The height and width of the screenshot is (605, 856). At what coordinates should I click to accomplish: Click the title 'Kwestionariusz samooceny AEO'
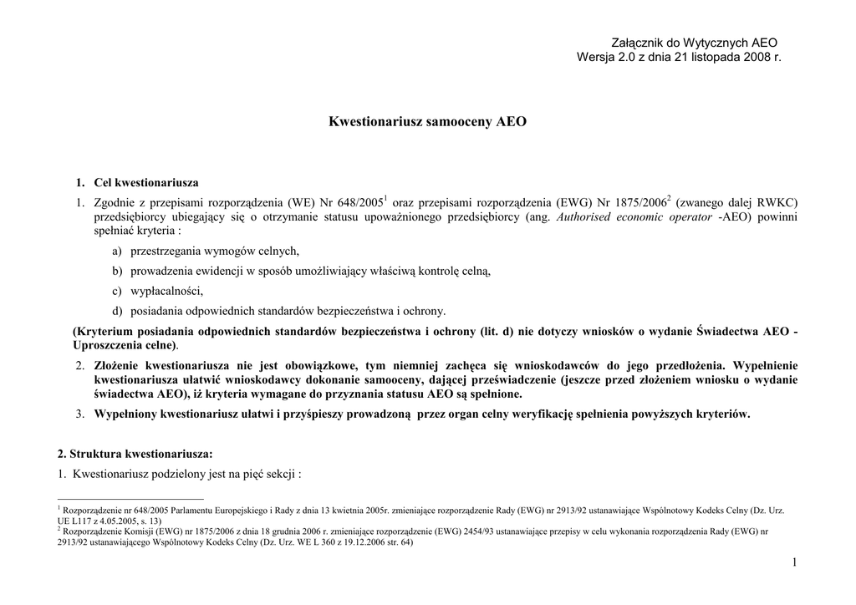427,122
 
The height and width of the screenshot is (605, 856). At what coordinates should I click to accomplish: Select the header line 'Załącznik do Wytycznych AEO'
694,42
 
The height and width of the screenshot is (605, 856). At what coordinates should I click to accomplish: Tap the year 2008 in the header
755,57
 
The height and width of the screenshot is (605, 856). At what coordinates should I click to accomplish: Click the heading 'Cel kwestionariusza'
146,182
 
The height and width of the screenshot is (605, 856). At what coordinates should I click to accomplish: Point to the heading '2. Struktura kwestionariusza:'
135,454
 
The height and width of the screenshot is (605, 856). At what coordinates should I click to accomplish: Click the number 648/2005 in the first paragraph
357,202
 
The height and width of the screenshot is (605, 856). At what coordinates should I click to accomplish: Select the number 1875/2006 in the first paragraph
640,202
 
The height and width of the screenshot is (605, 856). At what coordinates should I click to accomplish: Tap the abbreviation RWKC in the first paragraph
777,202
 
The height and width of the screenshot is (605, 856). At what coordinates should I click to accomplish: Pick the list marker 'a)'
117,251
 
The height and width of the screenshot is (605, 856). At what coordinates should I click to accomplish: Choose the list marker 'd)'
117,311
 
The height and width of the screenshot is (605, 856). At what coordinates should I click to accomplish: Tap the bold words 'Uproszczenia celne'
125,345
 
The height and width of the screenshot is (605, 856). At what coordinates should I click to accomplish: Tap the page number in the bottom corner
794,563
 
